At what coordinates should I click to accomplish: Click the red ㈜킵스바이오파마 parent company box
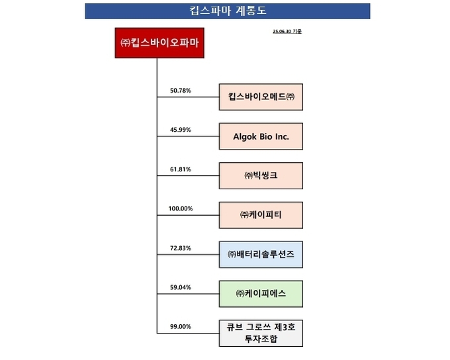[x=159, y=43]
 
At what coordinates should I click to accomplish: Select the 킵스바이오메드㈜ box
[x=261, y=97]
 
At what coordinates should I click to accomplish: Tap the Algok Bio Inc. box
[x=261, y=136]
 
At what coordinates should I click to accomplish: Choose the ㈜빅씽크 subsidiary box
[x=261, y=175]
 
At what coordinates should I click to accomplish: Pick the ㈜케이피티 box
[x=261, y=215]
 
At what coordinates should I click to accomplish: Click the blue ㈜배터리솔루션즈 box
[x=261, y=254]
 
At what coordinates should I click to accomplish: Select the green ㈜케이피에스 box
[x=261, y=294]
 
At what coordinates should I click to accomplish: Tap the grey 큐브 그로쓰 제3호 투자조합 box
[x=261, y=333]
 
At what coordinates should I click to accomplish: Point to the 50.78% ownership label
[x=181, y=91]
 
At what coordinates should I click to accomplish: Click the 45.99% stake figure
[x=181, y=130]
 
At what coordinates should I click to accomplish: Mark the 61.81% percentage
[x=181, y=169]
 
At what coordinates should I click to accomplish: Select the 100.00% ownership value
[x=181, y=208]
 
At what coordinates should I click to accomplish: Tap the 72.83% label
[x=181, y=248]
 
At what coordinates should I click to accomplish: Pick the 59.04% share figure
[x=181, y=287]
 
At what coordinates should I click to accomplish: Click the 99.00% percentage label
[x=181, y=327]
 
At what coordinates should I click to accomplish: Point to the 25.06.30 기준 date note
[x=287, y=31]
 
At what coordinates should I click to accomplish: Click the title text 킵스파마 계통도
[x=228, y=11]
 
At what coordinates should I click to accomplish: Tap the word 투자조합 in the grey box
[x=261, y=339]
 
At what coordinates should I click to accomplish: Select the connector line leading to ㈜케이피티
[x=188, y=215]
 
